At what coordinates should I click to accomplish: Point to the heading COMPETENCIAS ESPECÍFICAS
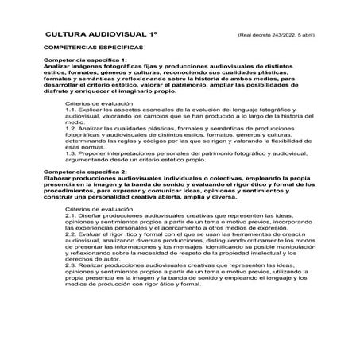point(88,49)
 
